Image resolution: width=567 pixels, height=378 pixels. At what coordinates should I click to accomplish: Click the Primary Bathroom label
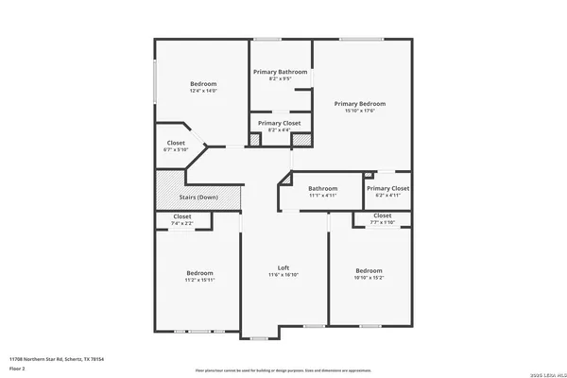tap(280, 72)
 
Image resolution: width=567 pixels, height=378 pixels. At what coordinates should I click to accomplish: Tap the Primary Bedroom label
tap(360, 103)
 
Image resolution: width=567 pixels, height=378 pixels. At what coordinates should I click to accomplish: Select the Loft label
tap(283, 267)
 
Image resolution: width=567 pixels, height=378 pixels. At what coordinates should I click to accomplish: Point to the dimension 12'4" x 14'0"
tap(203, 91)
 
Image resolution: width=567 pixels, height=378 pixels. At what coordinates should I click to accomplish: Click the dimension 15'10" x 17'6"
tap(360, 111)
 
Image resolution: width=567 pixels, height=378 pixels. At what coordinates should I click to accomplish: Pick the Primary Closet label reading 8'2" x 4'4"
tap(279, 123)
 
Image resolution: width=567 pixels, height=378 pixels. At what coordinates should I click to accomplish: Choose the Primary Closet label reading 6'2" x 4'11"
tap(387, 189)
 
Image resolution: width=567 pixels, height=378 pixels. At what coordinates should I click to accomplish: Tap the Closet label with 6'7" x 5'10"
tap(176, 143)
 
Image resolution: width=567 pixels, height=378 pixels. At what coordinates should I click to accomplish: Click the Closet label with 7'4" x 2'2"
tap(181, 216)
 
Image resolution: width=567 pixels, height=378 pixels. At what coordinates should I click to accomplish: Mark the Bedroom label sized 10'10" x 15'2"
tap(369, 271)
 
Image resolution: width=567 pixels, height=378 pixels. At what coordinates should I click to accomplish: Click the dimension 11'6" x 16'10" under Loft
tap(283, 275)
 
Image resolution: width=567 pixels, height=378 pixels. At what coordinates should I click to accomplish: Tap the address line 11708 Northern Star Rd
tap(56, 359)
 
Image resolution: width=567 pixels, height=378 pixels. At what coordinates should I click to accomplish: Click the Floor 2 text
tap(19, 368)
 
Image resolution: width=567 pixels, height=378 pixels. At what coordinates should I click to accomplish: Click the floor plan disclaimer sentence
tap(283, 370)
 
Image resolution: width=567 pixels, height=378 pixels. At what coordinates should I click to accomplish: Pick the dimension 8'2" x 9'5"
tap(280, 79)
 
